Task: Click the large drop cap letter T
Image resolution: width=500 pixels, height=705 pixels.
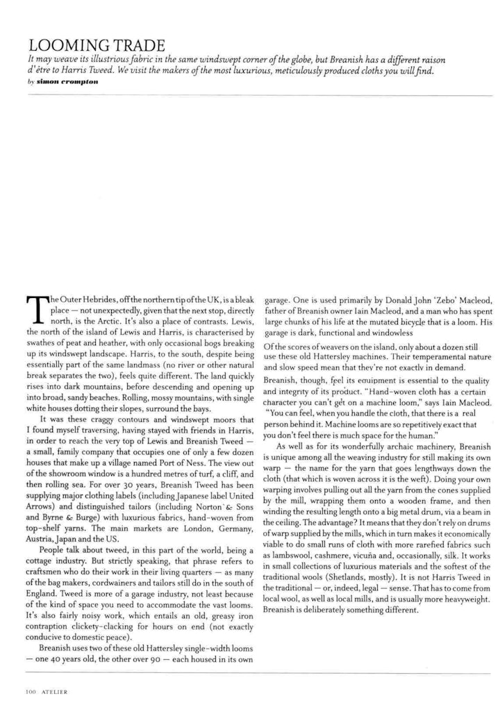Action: click(x=35, y=309)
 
